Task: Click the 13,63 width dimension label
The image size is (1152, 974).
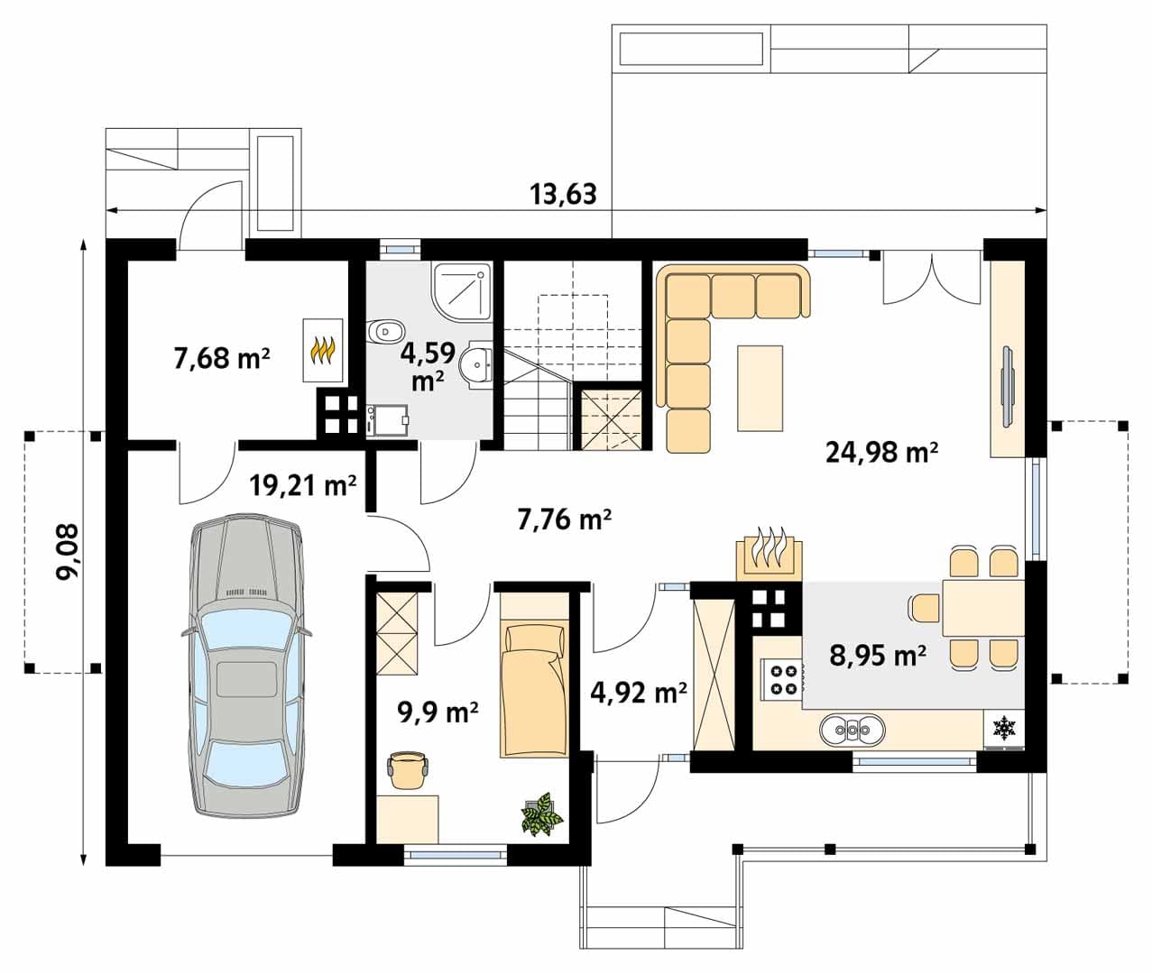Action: click(562, 195)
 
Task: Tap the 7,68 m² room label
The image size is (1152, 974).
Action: click(222, 358)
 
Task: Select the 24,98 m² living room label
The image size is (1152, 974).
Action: click(881, 452)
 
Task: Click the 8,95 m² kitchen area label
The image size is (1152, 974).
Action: click(878, 656)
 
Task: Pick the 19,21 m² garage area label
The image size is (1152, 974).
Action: click(302, 485)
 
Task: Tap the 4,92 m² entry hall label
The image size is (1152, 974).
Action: click(639, 693)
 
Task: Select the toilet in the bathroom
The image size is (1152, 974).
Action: click(385, 332)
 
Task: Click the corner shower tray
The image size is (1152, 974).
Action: click(463, 293)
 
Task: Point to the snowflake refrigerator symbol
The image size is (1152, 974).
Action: click(1005, 729)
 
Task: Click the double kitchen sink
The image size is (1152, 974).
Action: click(852, 730)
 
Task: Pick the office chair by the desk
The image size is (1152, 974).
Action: click(408, 770)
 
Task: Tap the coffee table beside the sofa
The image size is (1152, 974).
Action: click(760, 388)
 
